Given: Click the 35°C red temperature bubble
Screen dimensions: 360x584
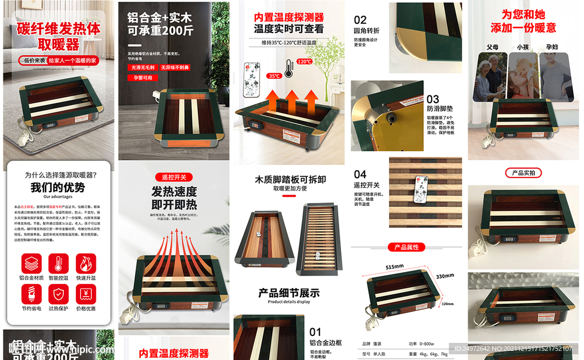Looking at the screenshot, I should [x=274, y=76].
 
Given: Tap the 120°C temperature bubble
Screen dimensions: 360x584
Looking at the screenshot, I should [x=304, y=61].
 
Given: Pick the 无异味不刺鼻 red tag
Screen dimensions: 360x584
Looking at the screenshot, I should [x=175, y=67].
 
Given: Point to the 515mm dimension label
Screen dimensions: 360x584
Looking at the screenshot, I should [x=394, y=266].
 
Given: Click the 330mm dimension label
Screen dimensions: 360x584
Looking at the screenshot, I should [x=445, y=276].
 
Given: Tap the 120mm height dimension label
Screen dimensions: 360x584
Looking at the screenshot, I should [x=448, y=304].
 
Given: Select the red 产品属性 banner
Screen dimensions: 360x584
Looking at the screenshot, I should [x=407, y=247].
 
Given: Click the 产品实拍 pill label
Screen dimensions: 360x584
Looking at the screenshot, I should [x=524, y=172].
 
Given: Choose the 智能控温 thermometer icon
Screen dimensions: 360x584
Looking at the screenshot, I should [x=59, y=264].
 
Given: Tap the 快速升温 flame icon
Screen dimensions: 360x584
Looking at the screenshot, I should [x=86, y=264].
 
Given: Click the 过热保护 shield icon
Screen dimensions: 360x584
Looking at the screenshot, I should [x=59, y=294].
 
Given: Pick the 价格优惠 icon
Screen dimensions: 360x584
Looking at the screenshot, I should [x=86, y=294].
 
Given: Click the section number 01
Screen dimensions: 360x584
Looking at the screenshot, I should [x=315, y=331].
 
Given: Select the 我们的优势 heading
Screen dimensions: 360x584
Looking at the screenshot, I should [x=58, y=187].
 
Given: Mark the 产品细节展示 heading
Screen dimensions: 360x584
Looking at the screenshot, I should [x=289, y=293].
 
